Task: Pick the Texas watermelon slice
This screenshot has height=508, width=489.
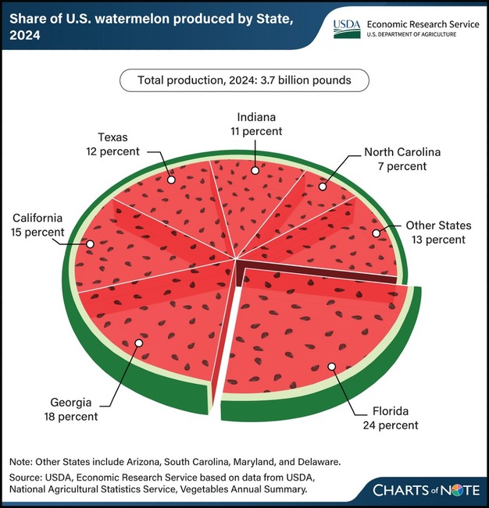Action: tap(176, 199)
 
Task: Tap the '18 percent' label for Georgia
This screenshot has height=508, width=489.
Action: tap(70, 417)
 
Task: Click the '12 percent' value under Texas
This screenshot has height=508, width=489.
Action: tap(112, 151)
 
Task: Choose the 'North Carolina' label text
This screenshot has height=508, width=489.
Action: tap(402, 152)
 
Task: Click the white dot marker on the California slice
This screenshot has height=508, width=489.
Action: tap(90, 243)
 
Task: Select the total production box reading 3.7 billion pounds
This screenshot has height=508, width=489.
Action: tap(244, 80)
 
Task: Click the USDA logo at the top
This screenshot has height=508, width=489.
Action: tap(347, 29)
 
